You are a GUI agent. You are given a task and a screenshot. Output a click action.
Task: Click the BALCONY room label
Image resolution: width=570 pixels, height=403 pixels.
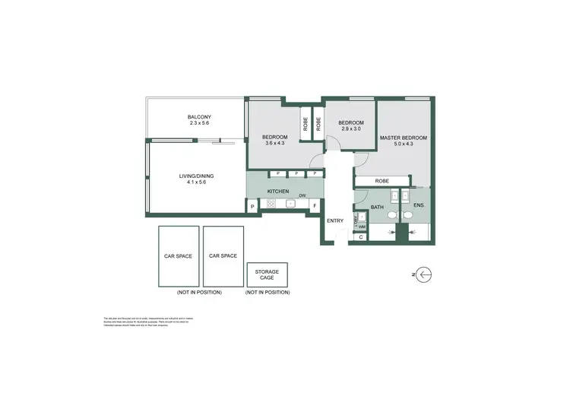click(199, 117)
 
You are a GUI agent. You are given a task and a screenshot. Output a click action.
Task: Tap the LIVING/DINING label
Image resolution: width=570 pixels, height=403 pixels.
click(192, 176)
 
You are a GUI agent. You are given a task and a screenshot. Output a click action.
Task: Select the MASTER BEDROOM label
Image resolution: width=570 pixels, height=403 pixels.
click(404, 138)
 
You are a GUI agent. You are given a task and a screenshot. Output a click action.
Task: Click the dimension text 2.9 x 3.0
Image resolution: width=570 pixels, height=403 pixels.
click(350, 129)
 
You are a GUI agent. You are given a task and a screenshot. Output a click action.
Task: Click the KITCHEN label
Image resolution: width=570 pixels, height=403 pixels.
click(278, 190)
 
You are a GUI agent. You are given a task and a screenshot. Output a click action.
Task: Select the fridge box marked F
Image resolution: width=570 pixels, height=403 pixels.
click(314, 205)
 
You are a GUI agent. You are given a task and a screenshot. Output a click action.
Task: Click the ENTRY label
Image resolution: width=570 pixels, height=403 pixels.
click(335, 221)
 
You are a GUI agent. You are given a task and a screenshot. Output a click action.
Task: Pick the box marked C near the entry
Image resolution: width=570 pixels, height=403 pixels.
click(360, 238)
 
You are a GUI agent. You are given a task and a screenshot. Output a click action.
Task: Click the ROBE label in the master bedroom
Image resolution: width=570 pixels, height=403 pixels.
click(382, 181)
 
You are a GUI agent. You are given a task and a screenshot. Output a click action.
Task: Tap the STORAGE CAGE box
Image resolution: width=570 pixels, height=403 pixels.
click(267, 274)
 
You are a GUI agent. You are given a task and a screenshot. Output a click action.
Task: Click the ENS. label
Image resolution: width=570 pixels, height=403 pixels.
click(419, 206)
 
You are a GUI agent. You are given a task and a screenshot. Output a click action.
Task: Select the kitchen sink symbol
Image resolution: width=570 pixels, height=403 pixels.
click(290, 204)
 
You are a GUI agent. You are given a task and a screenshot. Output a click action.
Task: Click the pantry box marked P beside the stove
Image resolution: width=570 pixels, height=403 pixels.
click(252, 205)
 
